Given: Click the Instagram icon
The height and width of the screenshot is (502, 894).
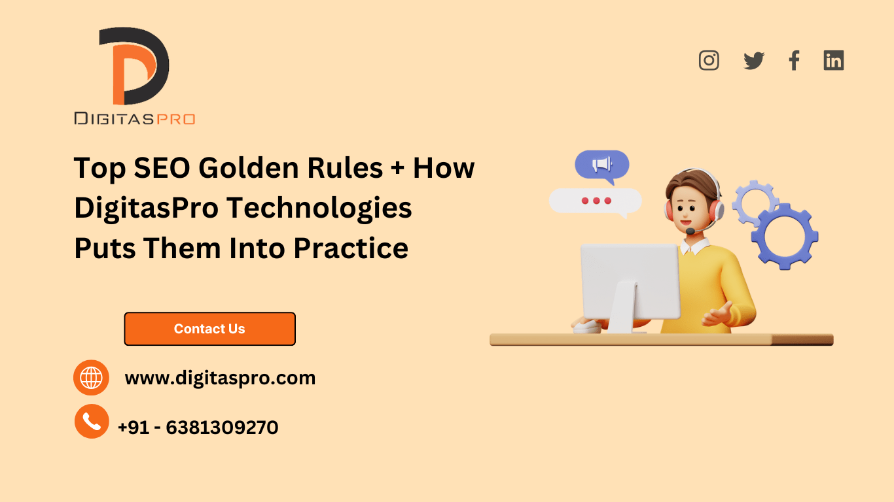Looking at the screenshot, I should [x=709, y=60].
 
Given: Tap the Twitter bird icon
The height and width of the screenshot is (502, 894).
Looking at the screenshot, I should [x=754, y=61].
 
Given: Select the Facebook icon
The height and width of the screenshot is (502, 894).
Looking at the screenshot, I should [x=794, y=61].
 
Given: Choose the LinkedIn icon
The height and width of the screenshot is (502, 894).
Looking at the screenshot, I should [x=833, y=61].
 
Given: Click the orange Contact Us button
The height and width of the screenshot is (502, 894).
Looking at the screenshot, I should [x=209, y=329].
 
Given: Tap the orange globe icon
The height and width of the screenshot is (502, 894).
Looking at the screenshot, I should [x=91, y=377].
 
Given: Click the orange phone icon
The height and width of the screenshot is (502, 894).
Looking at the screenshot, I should [x=92, y=421].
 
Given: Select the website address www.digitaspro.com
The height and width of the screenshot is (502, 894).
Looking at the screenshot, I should [x=220, y=378].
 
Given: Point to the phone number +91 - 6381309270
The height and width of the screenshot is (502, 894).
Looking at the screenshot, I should [x=198, y=427].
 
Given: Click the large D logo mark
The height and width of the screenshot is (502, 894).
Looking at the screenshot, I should [x=134, y=67].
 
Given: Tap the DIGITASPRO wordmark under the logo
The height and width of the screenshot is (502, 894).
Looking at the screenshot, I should [x=134, y=118].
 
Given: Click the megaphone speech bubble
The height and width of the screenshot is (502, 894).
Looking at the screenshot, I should [x=602, y=165].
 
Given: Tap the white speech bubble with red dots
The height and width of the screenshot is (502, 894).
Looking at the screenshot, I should [x=595, y=201].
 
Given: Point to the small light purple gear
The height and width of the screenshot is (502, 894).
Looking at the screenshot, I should [x=754, y=199].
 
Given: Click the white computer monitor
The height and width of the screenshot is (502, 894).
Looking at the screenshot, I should [x=630, y=281].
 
